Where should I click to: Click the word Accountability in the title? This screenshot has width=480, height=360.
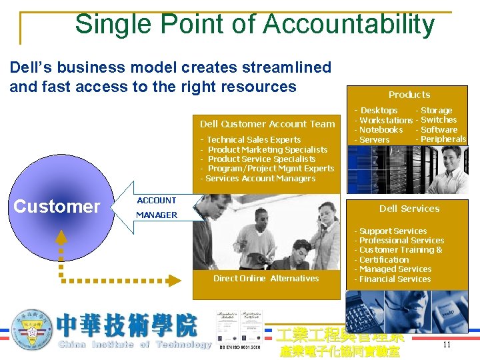click(349, 24)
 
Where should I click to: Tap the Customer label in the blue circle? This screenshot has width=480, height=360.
click(57, 207)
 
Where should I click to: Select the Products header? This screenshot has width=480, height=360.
click(409, 95)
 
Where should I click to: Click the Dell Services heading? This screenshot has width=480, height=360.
click(409, 209)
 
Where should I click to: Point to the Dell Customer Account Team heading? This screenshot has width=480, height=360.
click(267, 123)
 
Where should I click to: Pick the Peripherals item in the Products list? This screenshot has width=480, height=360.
click(443, 139)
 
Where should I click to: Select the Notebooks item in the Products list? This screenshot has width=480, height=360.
click(381, 130)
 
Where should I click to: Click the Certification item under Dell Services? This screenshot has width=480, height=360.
click(384, 260)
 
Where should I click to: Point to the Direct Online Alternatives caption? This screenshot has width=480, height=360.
click(266, 279)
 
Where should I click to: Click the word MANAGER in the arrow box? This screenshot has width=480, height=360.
click(157, 215)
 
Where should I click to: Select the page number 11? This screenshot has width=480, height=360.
click(447, 345)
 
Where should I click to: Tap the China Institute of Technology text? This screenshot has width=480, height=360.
click(135, 345)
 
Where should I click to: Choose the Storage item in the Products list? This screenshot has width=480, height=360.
click(436, 111)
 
